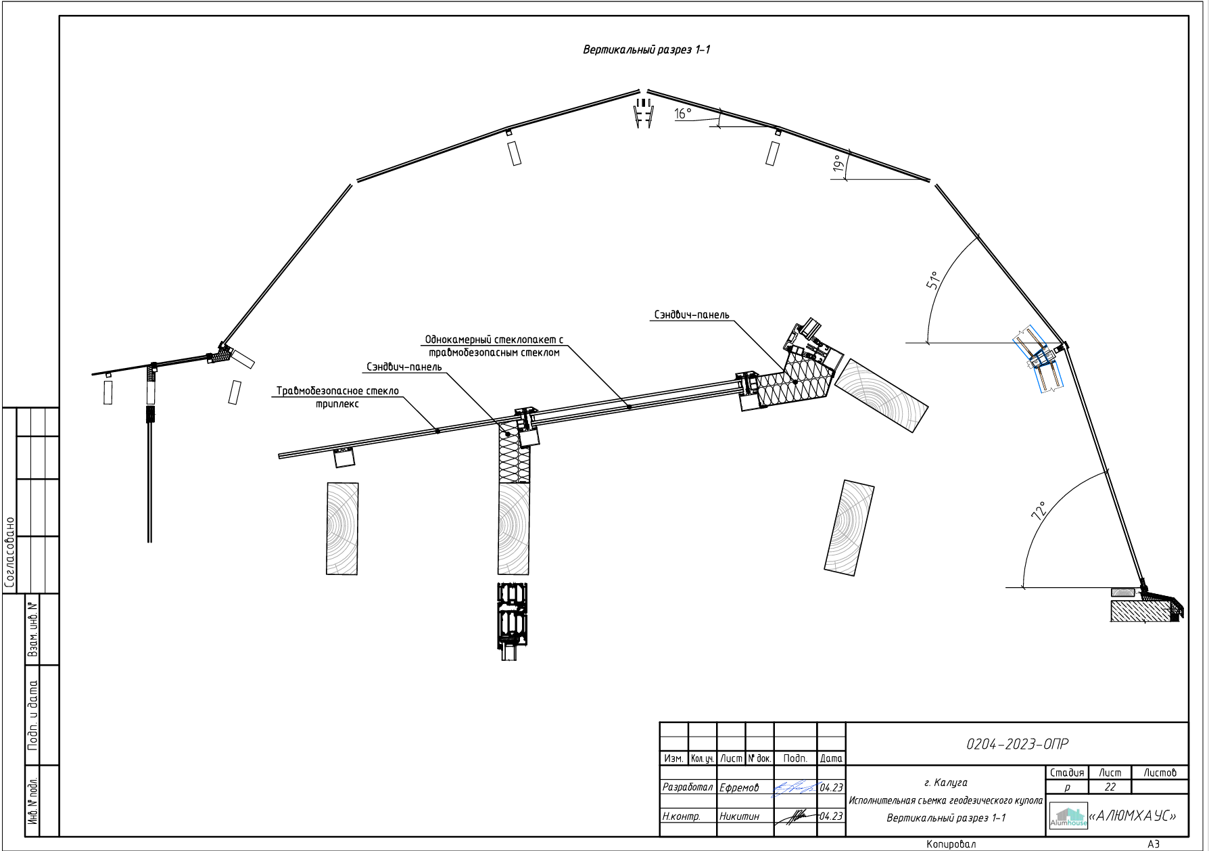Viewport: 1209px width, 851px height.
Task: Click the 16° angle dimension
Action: pyautogui.click(x=683, y=114)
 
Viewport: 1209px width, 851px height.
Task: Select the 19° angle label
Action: pyautogui.click(x=838, y=163)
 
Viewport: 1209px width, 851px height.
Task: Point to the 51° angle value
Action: pyautogui.click(x=934, y=281)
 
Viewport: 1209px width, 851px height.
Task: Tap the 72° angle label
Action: pyautogui.click(x=1039, y=510)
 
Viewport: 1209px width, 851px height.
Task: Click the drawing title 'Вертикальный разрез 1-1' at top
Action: pyautogui.click(x=646, y=49)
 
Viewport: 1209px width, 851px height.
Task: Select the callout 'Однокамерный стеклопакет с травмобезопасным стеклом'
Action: pyautogui.click(x=494, y=346)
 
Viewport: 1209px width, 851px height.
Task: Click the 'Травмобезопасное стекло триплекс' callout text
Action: pyautogui.click(x=337, y=397)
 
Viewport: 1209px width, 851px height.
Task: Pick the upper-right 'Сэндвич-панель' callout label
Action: pyautogui.click(x=692, y=315)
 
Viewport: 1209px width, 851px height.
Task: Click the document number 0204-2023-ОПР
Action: pyautogui.click(x=1017, y=744)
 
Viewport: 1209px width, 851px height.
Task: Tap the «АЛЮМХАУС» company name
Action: pyautogui.click(x=1133, y=816)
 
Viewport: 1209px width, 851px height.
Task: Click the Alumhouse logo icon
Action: pyautogui.click(x=1068, y=817)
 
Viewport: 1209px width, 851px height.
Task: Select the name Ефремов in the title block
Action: pyautogui.click(x=739, y=787)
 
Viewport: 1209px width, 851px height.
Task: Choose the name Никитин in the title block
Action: pyautogui.click(x=739, y=816)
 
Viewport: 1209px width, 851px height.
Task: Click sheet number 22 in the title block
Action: pyautogui.click(x=1110, y=787)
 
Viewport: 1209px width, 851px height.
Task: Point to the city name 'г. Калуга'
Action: pyautogui.click(x=945, y=783)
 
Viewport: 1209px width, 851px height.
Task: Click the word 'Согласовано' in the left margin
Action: pyautogui.click(x=10, y=552)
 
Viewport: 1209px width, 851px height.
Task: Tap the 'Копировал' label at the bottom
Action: pyautogui.click(x=951, y=844)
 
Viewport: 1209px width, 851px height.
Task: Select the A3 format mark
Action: pyautogui.click(x=1154, y=844)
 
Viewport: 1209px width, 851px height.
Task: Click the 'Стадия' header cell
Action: pyautogui.click(x=1067, y=773)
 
